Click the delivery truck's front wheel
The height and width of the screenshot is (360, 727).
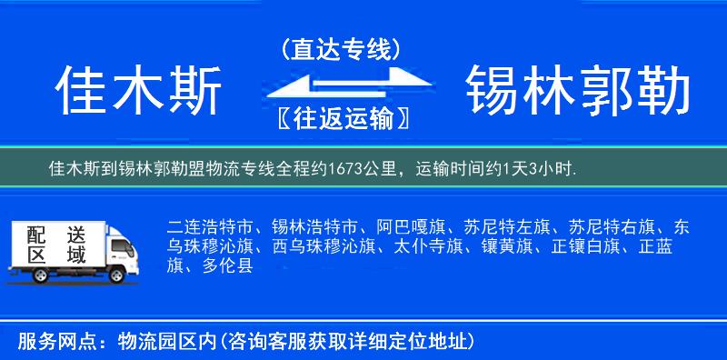tap(117, 273)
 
